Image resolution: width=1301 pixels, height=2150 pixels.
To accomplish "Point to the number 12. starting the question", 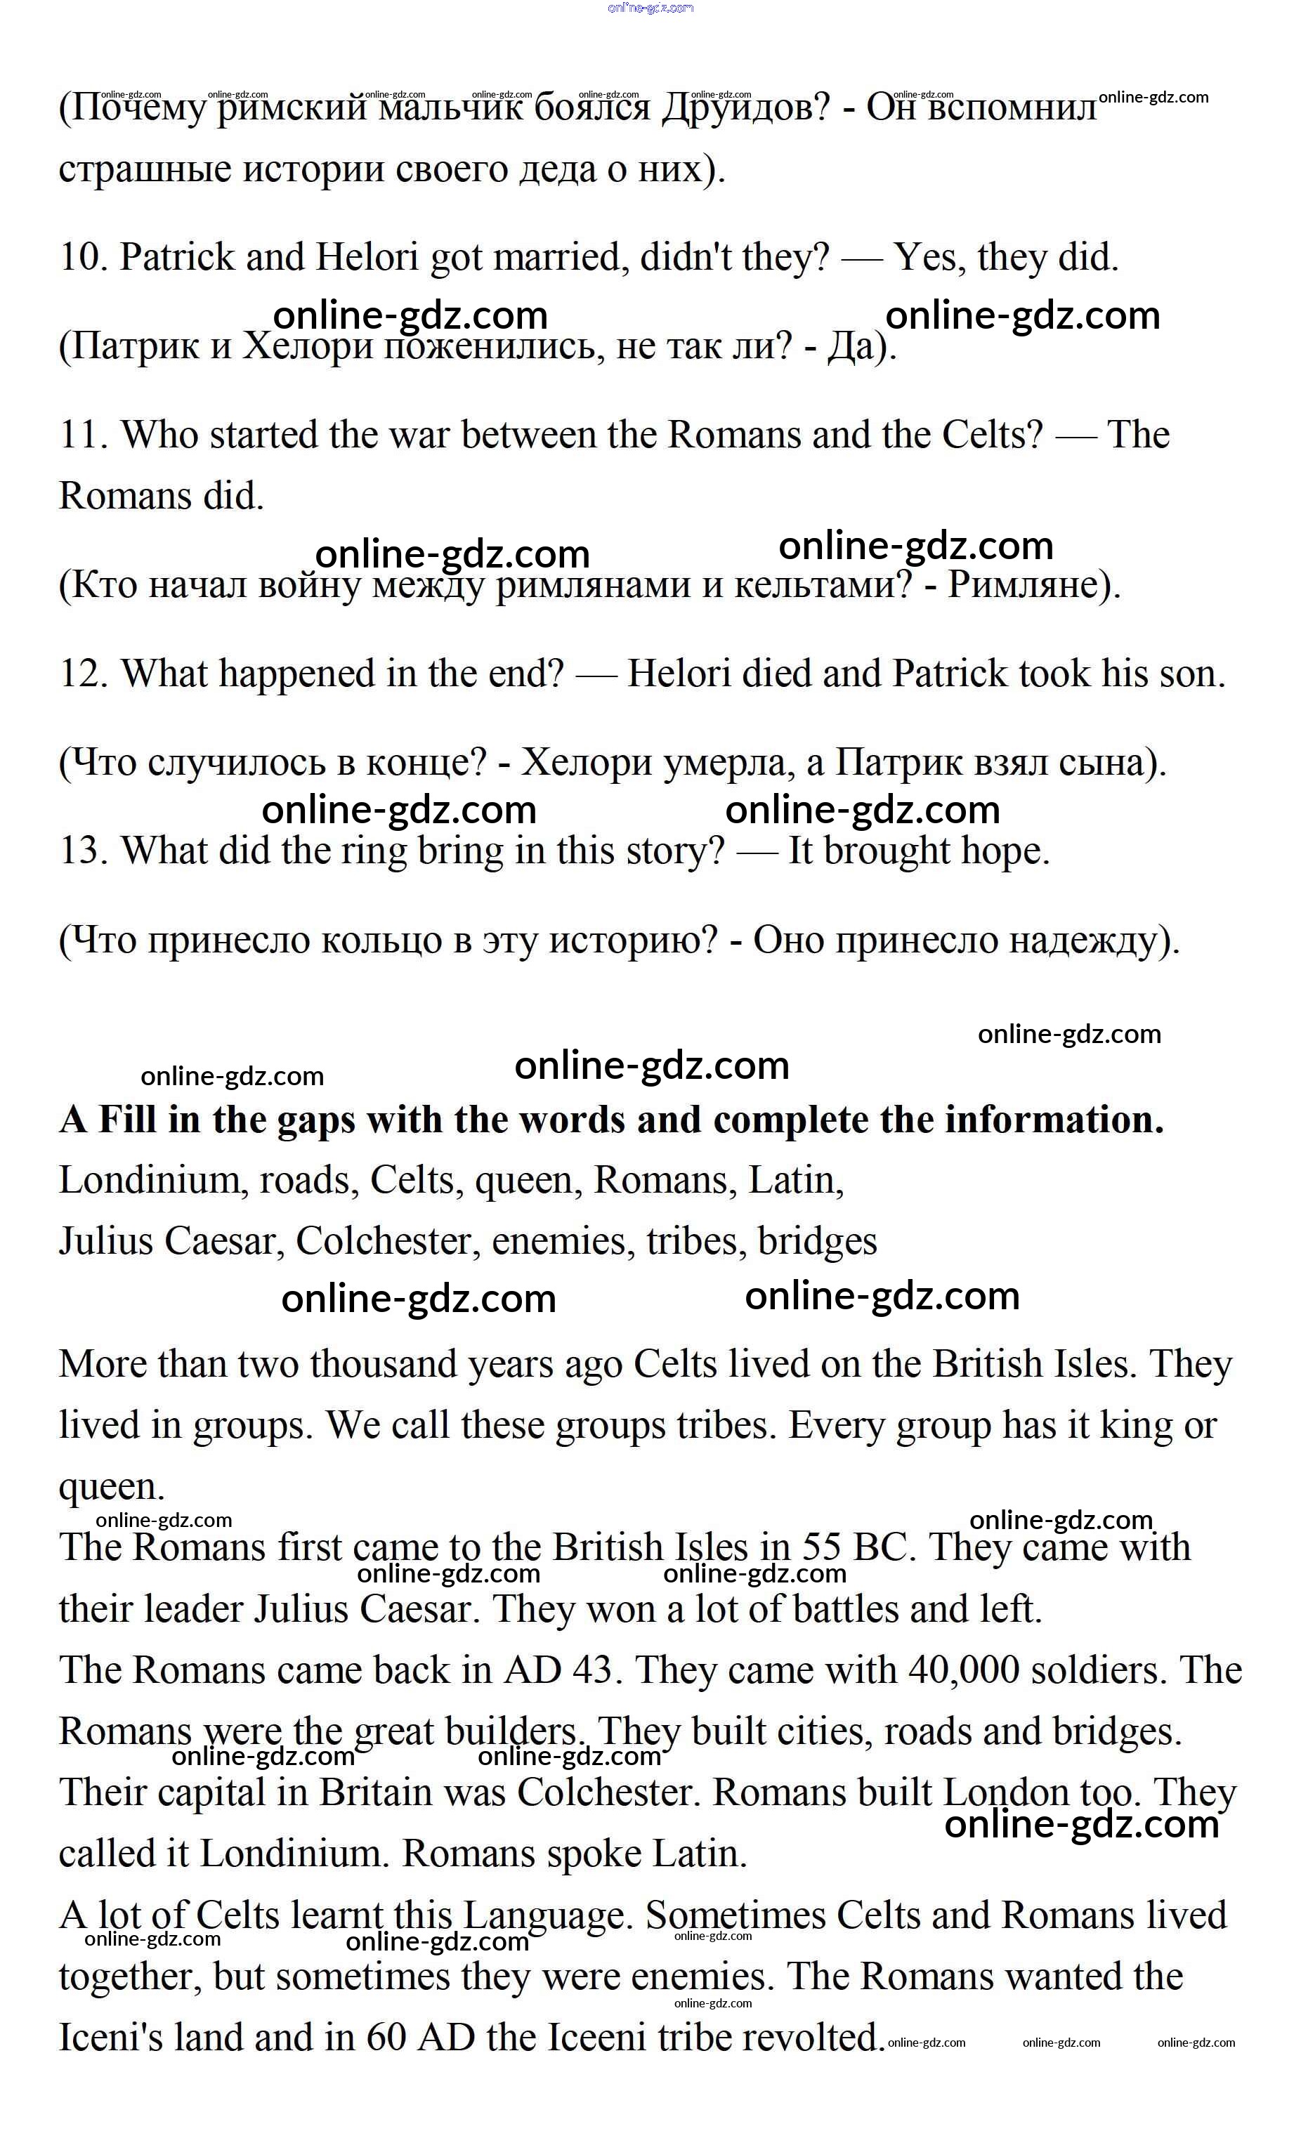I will [x=84, y=674].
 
